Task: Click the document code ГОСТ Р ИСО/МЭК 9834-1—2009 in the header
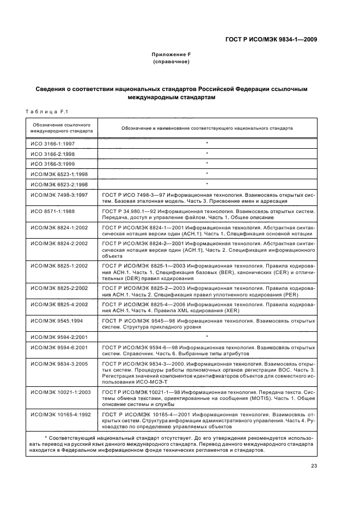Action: click(271, 39)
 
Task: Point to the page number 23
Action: click(314, 465)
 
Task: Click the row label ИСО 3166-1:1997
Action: click(52, 144)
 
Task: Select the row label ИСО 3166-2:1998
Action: click(52, 154)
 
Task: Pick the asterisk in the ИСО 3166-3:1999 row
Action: click(207, 164)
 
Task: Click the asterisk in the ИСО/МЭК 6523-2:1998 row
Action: click(207, 184)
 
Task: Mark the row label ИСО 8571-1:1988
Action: click(52, 210)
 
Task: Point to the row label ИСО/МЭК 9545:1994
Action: click(56, 321)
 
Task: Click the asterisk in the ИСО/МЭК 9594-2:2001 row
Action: click(207, 337)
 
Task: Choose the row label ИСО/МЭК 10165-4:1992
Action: click(60, 415)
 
